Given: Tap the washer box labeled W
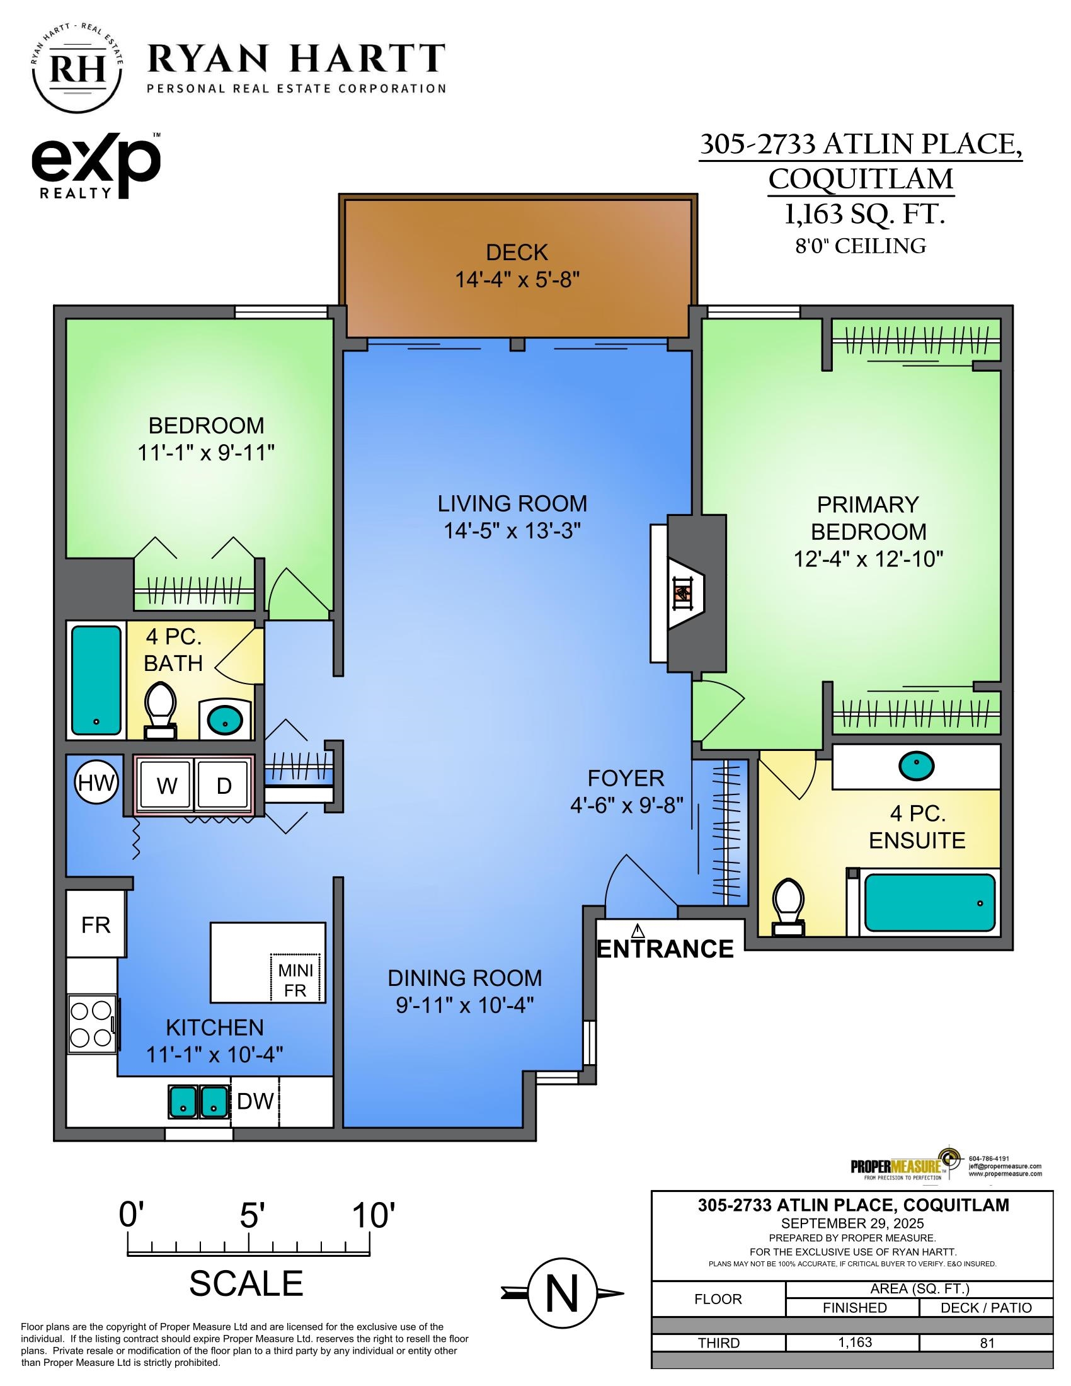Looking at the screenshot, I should click(x=166, y=786).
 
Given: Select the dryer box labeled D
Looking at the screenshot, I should click(x=224, y=786).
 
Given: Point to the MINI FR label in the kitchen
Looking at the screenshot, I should click(x=295, y=980).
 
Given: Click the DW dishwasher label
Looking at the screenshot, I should click(x=255, y=1101).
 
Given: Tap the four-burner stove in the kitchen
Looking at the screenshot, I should click(x=91, y=1024).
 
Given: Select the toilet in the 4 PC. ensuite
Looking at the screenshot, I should click(x=788, y=905).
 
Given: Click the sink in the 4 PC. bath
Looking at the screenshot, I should click(x=226, y=720).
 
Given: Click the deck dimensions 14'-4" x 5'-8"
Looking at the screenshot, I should click(x=517, y=280).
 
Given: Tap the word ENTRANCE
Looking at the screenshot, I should click(x=665, y=949).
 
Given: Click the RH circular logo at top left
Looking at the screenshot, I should click(x=77, y=71).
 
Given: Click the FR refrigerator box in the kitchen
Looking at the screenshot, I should click(x=96, y=925).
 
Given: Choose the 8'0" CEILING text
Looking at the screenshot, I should click(x=861, y=246).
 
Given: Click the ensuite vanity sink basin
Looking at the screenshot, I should click(x=915, y=766).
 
